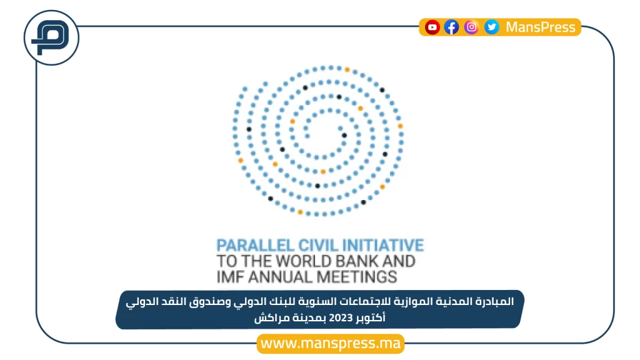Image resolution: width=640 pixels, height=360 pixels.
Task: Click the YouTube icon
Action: click(x=432, y=27)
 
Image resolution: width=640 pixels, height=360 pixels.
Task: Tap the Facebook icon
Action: click(x=451, y=27)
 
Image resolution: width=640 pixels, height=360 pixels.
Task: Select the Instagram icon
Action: click(x=471, y=27)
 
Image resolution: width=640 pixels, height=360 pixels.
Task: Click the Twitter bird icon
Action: click(x=492, y=27)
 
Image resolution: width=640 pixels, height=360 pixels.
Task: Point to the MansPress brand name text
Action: click(x=541, y=27)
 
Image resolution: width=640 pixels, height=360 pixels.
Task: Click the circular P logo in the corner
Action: click(x=51, y=38)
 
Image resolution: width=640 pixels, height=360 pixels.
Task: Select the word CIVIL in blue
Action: click(x=318, y=245)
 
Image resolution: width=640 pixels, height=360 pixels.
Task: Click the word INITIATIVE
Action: click(x=383, y=245)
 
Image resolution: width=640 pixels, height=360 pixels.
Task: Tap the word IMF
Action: click(x=230, y=277)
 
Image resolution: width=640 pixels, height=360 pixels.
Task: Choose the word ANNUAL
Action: click(x=281, y=277)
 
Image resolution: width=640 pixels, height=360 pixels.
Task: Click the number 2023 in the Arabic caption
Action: click(x=341, y=317)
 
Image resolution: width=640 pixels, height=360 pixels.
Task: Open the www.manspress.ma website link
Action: click(x=331, y=343)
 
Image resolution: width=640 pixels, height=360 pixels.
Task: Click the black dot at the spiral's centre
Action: click(x=344, y=136)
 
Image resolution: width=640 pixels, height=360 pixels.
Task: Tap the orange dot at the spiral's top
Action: click(x=347, y=70)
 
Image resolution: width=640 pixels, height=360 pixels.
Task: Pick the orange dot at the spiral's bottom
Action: click(x=300, y=212)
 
